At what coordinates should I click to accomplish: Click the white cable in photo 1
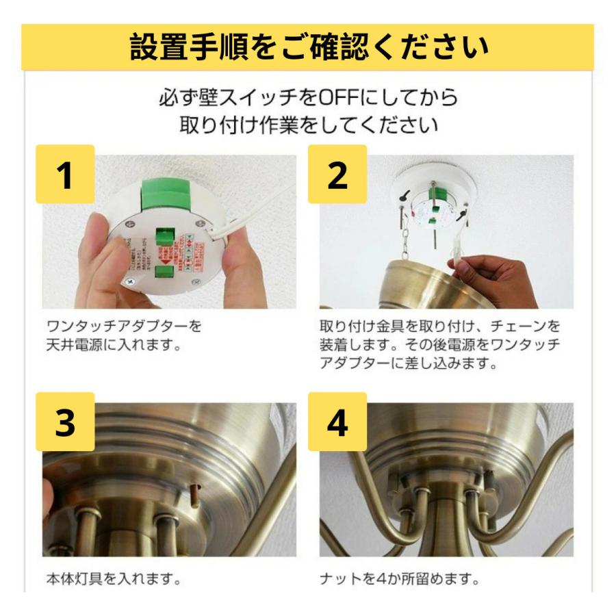click(253, 205)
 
